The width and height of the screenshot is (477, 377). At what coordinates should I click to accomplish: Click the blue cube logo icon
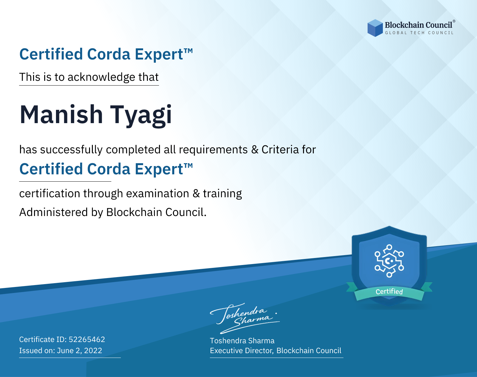point(375,28)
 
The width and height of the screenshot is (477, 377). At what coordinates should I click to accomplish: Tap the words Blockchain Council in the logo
point(418,25)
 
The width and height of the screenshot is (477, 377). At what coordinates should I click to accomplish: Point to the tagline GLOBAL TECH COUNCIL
point(419,33)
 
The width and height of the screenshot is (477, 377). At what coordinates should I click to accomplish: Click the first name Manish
point(61,115)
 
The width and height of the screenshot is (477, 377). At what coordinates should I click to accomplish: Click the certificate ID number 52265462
point(87,339)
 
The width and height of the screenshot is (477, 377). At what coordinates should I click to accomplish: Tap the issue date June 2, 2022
point(79,351)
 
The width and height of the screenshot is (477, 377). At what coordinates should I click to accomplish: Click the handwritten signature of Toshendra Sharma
point(245,318)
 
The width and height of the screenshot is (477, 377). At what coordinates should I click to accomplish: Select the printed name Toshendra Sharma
point(242,341)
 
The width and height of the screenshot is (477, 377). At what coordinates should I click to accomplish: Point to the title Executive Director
point(241,351)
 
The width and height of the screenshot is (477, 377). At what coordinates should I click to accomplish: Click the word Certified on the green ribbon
point(389,292)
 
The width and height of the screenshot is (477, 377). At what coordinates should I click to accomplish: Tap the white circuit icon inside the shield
point(389,261)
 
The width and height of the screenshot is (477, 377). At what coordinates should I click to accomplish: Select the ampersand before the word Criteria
point(255,150)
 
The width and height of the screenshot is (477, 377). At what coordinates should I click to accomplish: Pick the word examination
point(157,193)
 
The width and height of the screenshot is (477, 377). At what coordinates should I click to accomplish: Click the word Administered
point(53,212)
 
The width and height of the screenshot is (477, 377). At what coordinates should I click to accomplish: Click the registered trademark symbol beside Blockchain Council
point(454,21)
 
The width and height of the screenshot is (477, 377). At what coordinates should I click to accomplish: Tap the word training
point(222,194)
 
